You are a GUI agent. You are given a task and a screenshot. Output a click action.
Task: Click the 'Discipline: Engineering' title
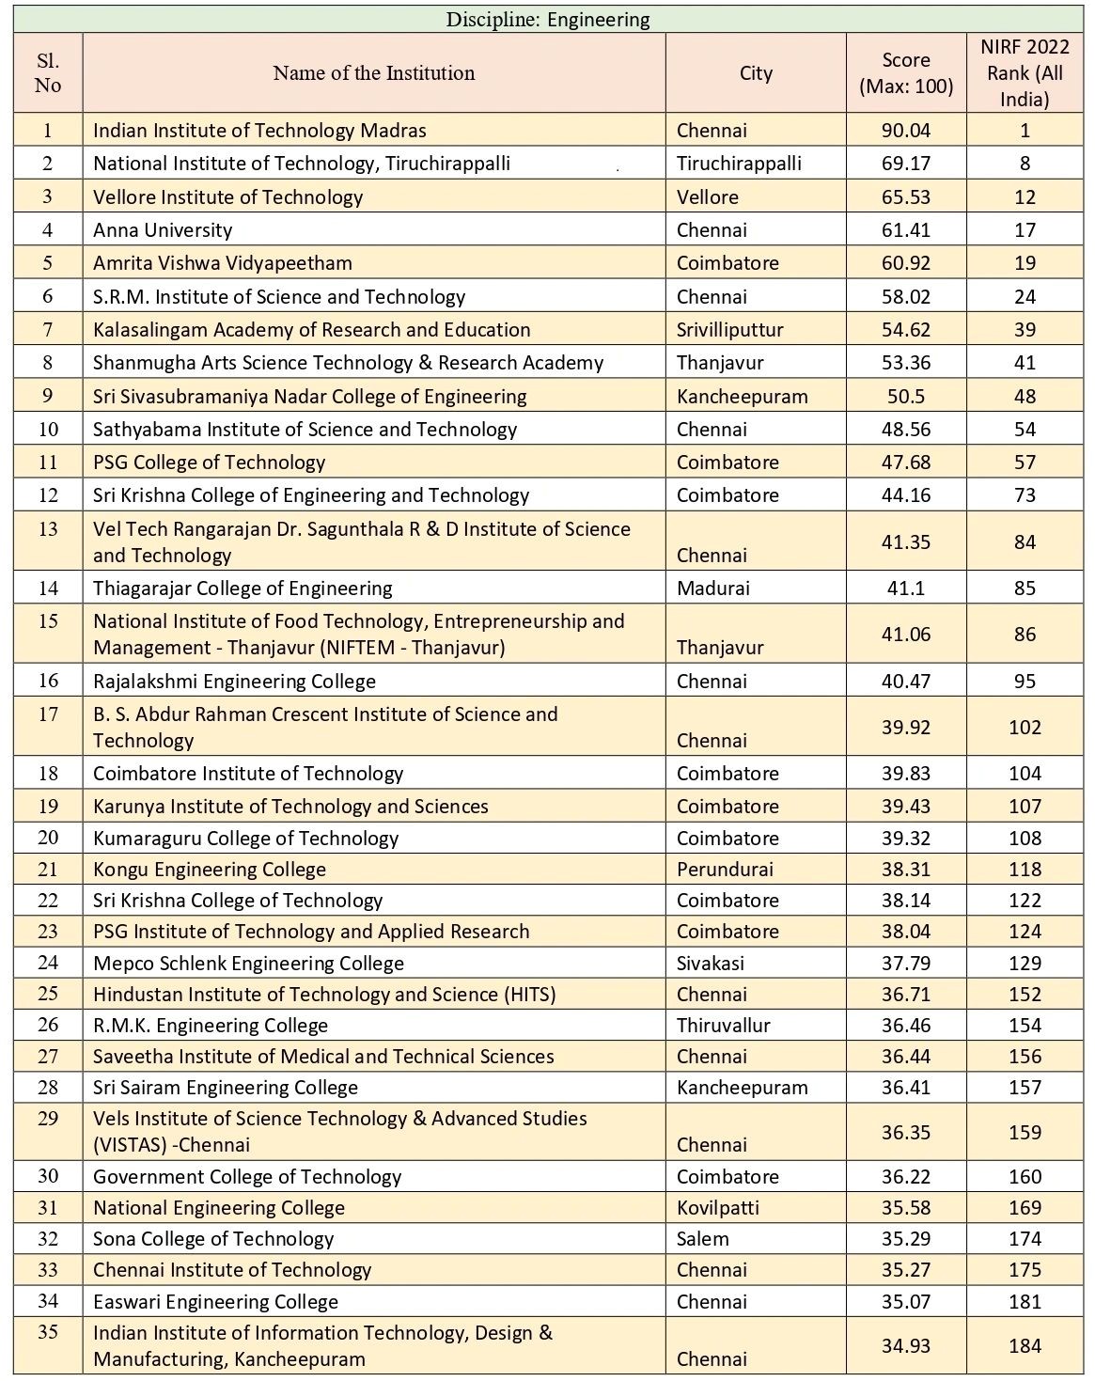click(x=547, y=19)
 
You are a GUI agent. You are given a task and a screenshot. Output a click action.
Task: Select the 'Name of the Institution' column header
click(x=374, y=73)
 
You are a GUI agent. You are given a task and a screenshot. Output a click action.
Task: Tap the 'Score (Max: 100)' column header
click(x=906, y=73)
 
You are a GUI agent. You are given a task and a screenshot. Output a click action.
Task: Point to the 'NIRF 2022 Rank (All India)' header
click(x=1025, y=73)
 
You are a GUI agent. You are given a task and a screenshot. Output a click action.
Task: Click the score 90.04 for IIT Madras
click(x=906, y=131)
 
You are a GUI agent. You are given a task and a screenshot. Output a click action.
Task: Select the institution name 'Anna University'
click(x=163, y=230)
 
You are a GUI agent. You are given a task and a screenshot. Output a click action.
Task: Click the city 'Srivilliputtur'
click(x=729, y=330)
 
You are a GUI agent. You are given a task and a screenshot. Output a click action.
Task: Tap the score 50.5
click(x=906, y=397)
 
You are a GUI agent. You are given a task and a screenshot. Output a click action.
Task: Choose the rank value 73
click(x=1025, y=495)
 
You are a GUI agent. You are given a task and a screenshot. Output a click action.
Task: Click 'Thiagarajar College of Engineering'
click(x=242, y=588)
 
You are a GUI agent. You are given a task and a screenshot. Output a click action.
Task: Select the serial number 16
click(x=48, y=681)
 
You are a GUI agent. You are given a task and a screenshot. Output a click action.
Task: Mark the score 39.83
click(x=906, y=774)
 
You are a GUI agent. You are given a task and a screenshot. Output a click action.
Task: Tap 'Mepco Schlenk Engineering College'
click(x=248, y=964)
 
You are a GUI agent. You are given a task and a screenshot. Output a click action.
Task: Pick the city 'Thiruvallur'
click(x=723, y=1026)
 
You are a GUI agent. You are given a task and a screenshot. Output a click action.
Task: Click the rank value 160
click(x=1025, y=1177)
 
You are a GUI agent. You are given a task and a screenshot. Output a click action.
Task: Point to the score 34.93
click(x=906, y=1346)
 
